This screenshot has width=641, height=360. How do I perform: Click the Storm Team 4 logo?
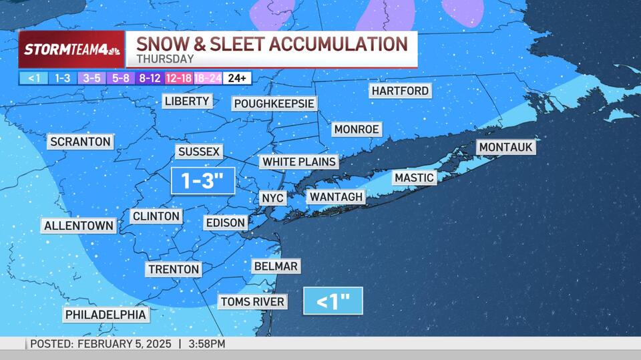(x=71, y=49)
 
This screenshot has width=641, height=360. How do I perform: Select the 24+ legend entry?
(x=236, y=78)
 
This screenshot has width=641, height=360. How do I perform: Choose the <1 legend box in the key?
(x=33, y=78)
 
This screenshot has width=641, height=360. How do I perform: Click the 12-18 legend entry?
(x=178, y=78)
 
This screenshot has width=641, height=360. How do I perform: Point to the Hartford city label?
(x=400, y=91)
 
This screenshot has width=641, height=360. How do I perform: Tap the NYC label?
(x=272, y=198)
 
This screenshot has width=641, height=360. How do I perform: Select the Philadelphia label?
(x=105, y=315)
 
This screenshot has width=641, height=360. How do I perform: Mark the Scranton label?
(x=79, y=142)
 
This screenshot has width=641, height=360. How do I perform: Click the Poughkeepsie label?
(x=274, y=104)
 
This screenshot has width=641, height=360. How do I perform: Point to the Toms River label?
(x=252, y=302)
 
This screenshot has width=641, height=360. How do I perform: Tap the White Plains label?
(x=298, y=162)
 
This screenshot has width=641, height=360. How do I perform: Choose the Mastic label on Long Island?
(x=414, y=178)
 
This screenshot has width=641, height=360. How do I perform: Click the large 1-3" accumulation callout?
(x=203, y=180)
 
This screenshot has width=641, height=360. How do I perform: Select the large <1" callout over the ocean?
(x=333, y=301)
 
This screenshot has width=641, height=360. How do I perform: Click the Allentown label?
(x=79, y=226)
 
